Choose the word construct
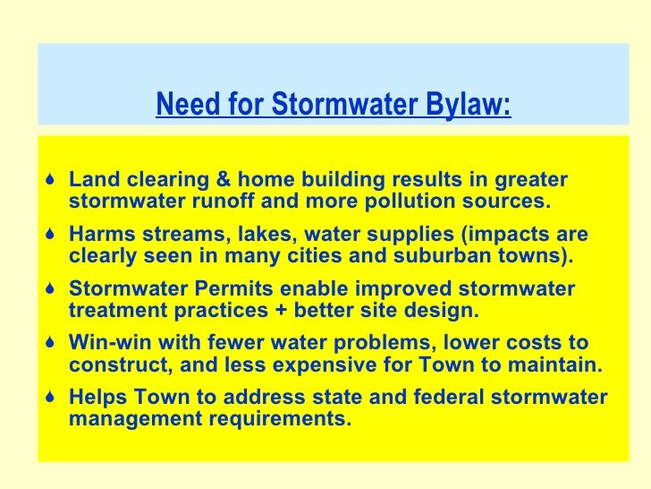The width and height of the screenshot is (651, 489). click(112, 366)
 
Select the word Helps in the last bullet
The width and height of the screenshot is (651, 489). click(95, 398)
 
